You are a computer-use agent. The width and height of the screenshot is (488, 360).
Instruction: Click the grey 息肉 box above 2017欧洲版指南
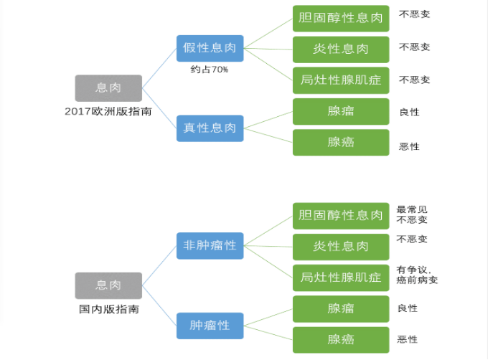[108, 87]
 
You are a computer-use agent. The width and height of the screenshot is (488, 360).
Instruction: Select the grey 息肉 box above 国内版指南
[108, 285]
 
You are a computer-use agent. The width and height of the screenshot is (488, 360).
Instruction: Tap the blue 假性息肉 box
[210, 48]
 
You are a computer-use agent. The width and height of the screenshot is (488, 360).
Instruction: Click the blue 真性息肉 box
[210, 128]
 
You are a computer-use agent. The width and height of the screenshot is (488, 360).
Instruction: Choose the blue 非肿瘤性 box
[210, 245]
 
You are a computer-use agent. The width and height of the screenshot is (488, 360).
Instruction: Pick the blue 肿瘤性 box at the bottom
[210, 325]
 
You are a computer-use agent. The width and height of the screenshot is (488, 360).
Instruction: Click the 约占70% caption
[209, 70]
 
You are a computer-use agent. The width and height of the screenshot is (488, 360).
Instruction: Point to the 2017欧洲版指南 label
[108, 112]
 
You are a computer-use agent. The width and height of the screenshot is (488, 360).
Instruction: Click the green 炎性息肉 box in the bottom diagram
[341, 246]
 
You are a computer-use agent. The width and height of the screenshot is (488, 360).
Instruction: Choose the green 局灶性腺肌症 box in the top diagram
[341, 80]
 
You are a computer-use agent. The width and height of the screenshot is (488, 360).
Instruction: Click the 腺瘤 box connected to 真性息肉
[341, 111]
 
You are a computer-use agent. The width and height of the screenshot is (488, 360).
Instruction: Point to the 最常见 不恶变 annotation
[412, 214]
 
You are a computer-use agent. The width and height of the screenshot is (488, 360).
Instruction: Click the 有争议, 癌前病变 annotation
[417, 275]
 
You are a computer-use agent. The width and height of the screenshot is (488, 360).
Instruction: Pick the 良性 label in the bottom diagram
[407, 308]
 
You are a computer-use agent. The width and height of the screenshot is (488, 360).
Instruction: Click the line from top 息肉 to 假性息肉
[159, 69]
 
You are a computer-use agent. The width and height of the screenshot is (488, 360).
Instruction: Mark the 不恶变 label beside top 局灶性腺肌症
[414, 80]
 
